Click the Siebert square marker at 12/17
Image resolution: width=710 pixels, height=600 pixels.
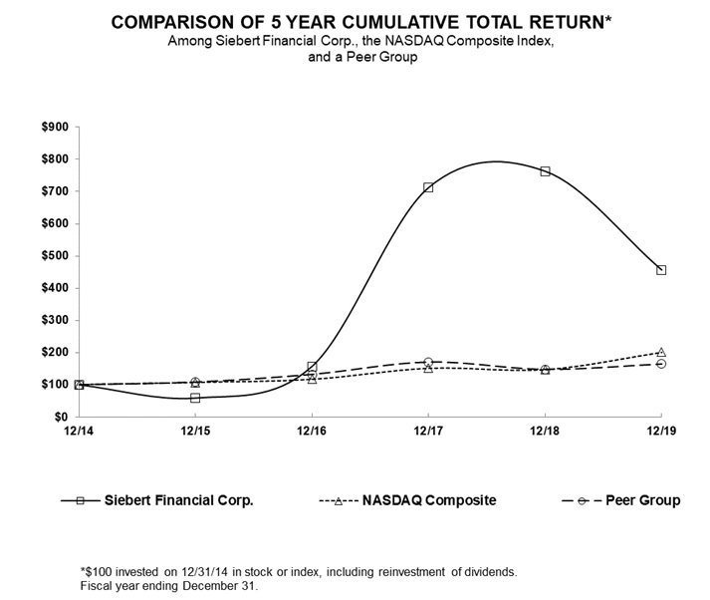click(428, 187)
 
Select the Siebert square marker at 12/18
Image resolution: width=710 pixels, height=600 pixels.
click(545, 171)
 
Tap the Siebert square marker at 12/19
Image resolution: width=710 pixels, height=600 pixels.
click(661, 270)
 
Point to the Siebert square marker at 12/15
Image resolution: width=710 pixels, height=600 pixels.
click(195, 398)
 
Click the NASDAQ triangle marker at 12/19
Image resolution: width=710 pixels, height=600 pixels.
click(661, 352)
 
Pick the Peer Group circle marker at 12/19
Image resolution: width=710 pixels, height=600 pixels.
click(661, 364)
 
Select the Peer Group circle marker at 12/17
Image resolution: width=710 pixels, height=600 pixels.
click(428, 362)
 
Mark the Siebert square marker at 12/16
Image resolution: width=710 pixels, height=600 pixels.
click(312, 367)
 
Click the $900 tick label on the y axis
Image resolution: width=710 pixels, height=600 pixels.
click(54, 127)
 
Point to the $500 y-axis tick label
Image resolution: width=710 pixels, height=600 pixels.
click(54, 256)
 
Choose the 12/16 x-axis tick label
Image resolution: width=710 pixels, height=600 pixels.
click(312, 430)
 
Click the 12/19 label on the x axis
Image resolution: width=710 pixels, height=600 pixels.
click(661, 430)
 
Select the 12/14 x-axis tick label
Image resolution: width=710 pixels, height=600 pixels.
click(79, 430)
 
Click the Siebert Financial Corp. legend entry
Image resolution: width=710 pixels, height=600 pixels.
click(178, 500)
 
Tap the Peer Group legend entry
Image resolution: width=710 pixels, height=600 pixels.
click(643, 500)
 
